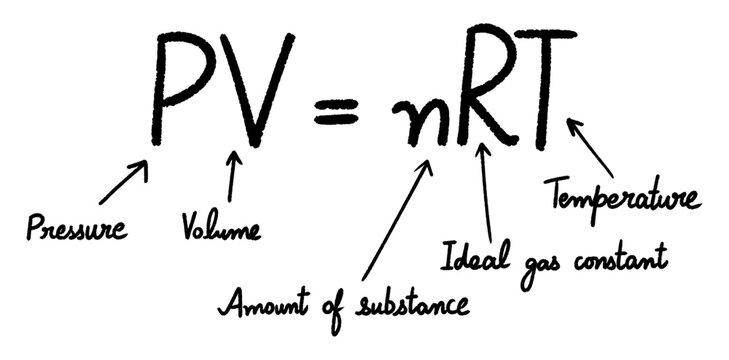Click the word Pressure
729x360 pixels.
(x=77, y=228)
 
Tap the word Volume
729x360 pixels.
(x=220, y=228)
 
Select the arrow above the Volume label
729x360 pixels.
(x=232, y=177)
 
